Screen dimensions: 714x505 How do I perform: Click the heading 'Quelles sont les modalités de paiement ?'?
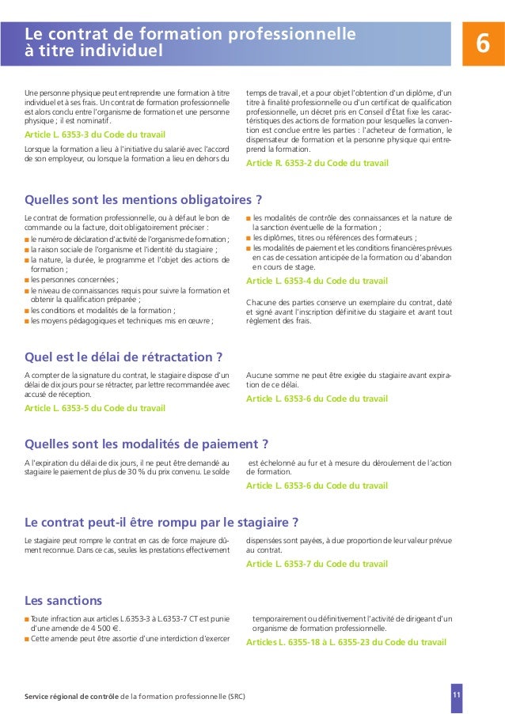[x=147, y=443]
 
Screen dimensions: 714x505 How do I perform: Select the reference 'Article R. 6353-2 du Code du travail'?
[x=317, y=163]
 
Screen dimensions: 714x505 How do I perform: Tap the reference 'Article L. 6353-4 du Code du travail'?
[x=317, y=281]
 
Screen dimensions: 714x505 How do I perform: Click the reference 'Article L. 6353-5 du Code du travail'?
[x=95, y=408]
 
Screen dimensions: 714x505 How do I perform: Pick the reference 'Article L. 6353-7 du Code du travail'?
[x=317, y=564]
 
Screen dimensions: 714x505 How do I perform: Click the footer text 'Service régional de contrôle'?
[x=71, y=696]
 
